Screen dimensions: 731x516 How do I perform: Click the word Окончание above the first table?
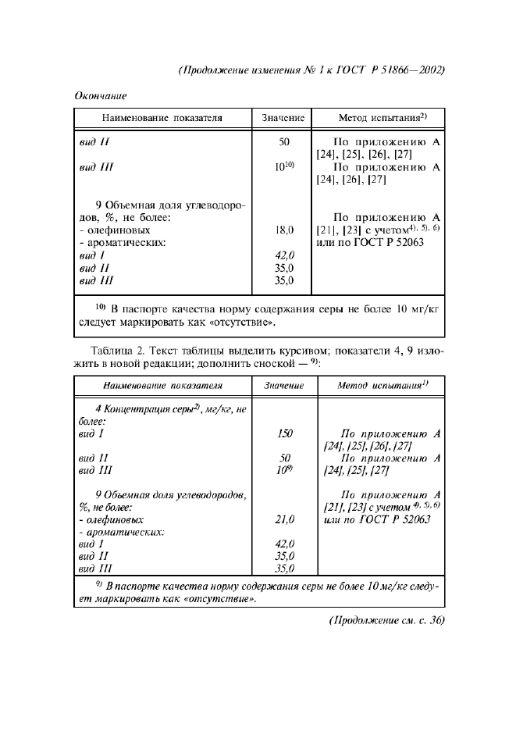101,95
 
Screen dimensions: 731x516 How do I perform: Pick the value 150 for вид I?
284,432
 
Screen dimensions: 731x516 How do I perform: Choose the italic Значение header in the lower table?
284,385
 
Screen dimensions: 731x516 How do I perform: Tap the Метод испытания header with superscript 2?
381,118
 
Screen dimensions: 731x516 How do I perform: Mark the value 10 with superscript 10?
284,167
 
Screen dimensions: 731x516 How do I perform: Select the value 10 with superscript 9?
283,470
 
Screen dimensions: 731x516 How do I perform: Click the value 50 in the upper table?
284,142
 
